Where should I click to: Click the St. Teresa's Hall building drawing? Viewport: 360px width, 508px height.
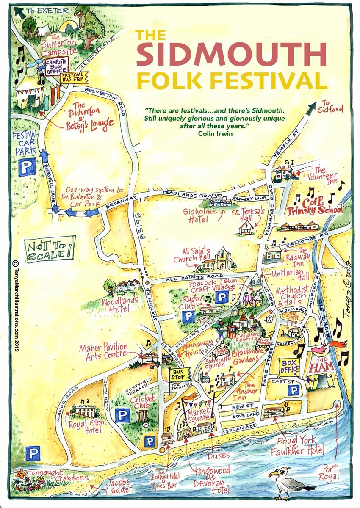point(244,229)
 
